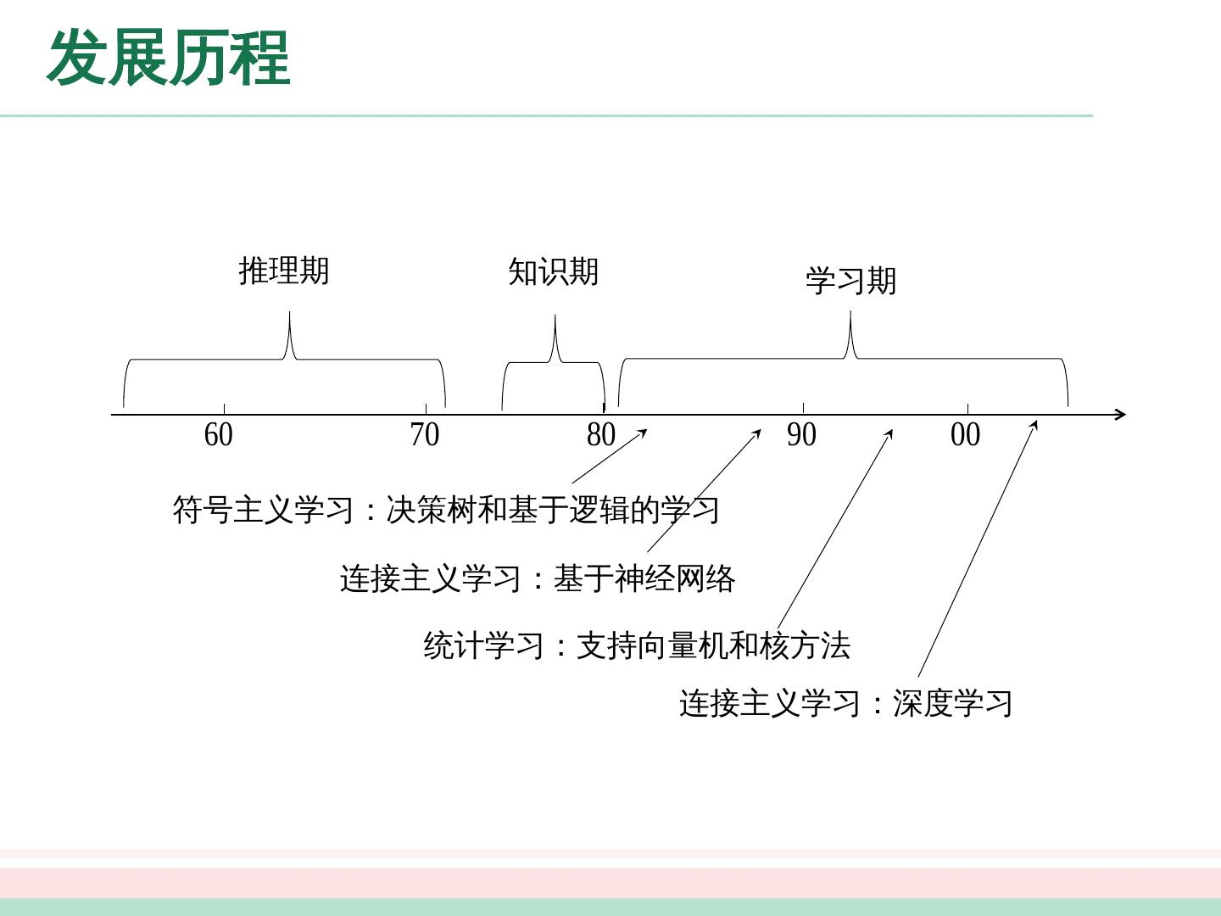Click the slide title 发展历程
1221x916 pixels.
169,58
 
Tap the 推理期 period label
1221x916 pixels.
284,271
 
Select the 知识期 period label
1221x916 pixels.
554,272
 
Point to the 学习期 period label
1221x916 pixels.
850,281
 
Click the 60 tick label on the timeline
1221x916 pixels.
219,435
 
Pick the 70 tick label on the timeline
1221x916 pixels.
425,435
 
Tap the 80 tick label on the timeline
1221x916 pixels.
601,435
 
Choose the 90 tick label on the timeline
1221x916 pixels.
801,435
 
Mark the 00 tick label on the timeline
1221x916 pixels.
965,435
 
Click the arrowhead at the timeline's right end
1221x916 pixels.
1120,414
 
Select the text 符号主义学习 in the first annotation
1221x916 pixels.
263,510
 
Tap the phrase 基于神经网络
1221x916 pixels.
644,578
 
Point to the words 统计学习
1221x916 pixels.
483,646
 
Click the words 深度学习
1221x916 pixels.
952,703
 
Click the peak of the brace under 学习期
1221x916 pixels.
850,315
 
